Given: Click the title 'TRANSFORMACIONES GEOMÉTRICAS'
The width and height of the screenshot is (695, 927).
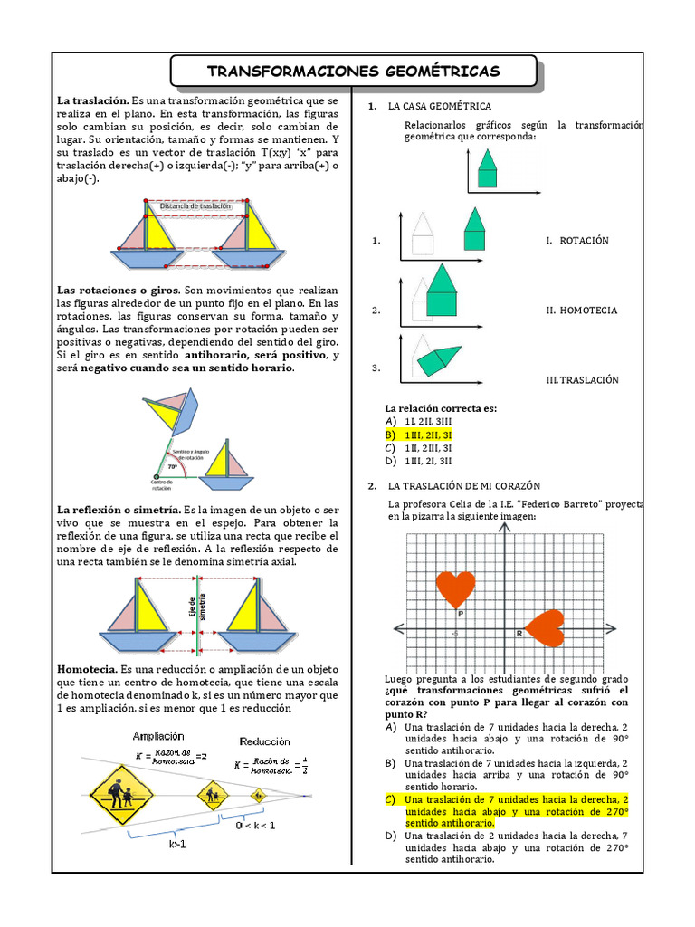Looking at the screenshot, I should point(353,72).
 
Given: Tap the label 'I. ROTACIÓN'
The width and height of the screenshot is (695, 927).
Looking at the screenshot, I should point(577,241).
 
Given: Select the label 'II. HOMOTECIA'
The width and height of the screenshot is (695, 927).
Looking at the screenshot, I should point(581,311).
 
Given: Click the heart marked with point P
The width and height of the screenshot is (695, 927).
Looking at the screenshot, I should point(456,588).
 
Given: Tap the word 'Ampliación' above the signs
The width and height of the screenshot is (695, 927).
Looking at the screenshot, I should point(158,736).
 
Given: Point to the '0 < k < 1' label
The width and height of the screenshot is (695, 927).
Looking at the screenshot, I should point(256,825).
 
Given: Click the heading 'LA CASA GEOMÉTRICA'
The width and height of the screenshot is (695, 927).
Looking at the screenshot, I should point(440,107).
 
